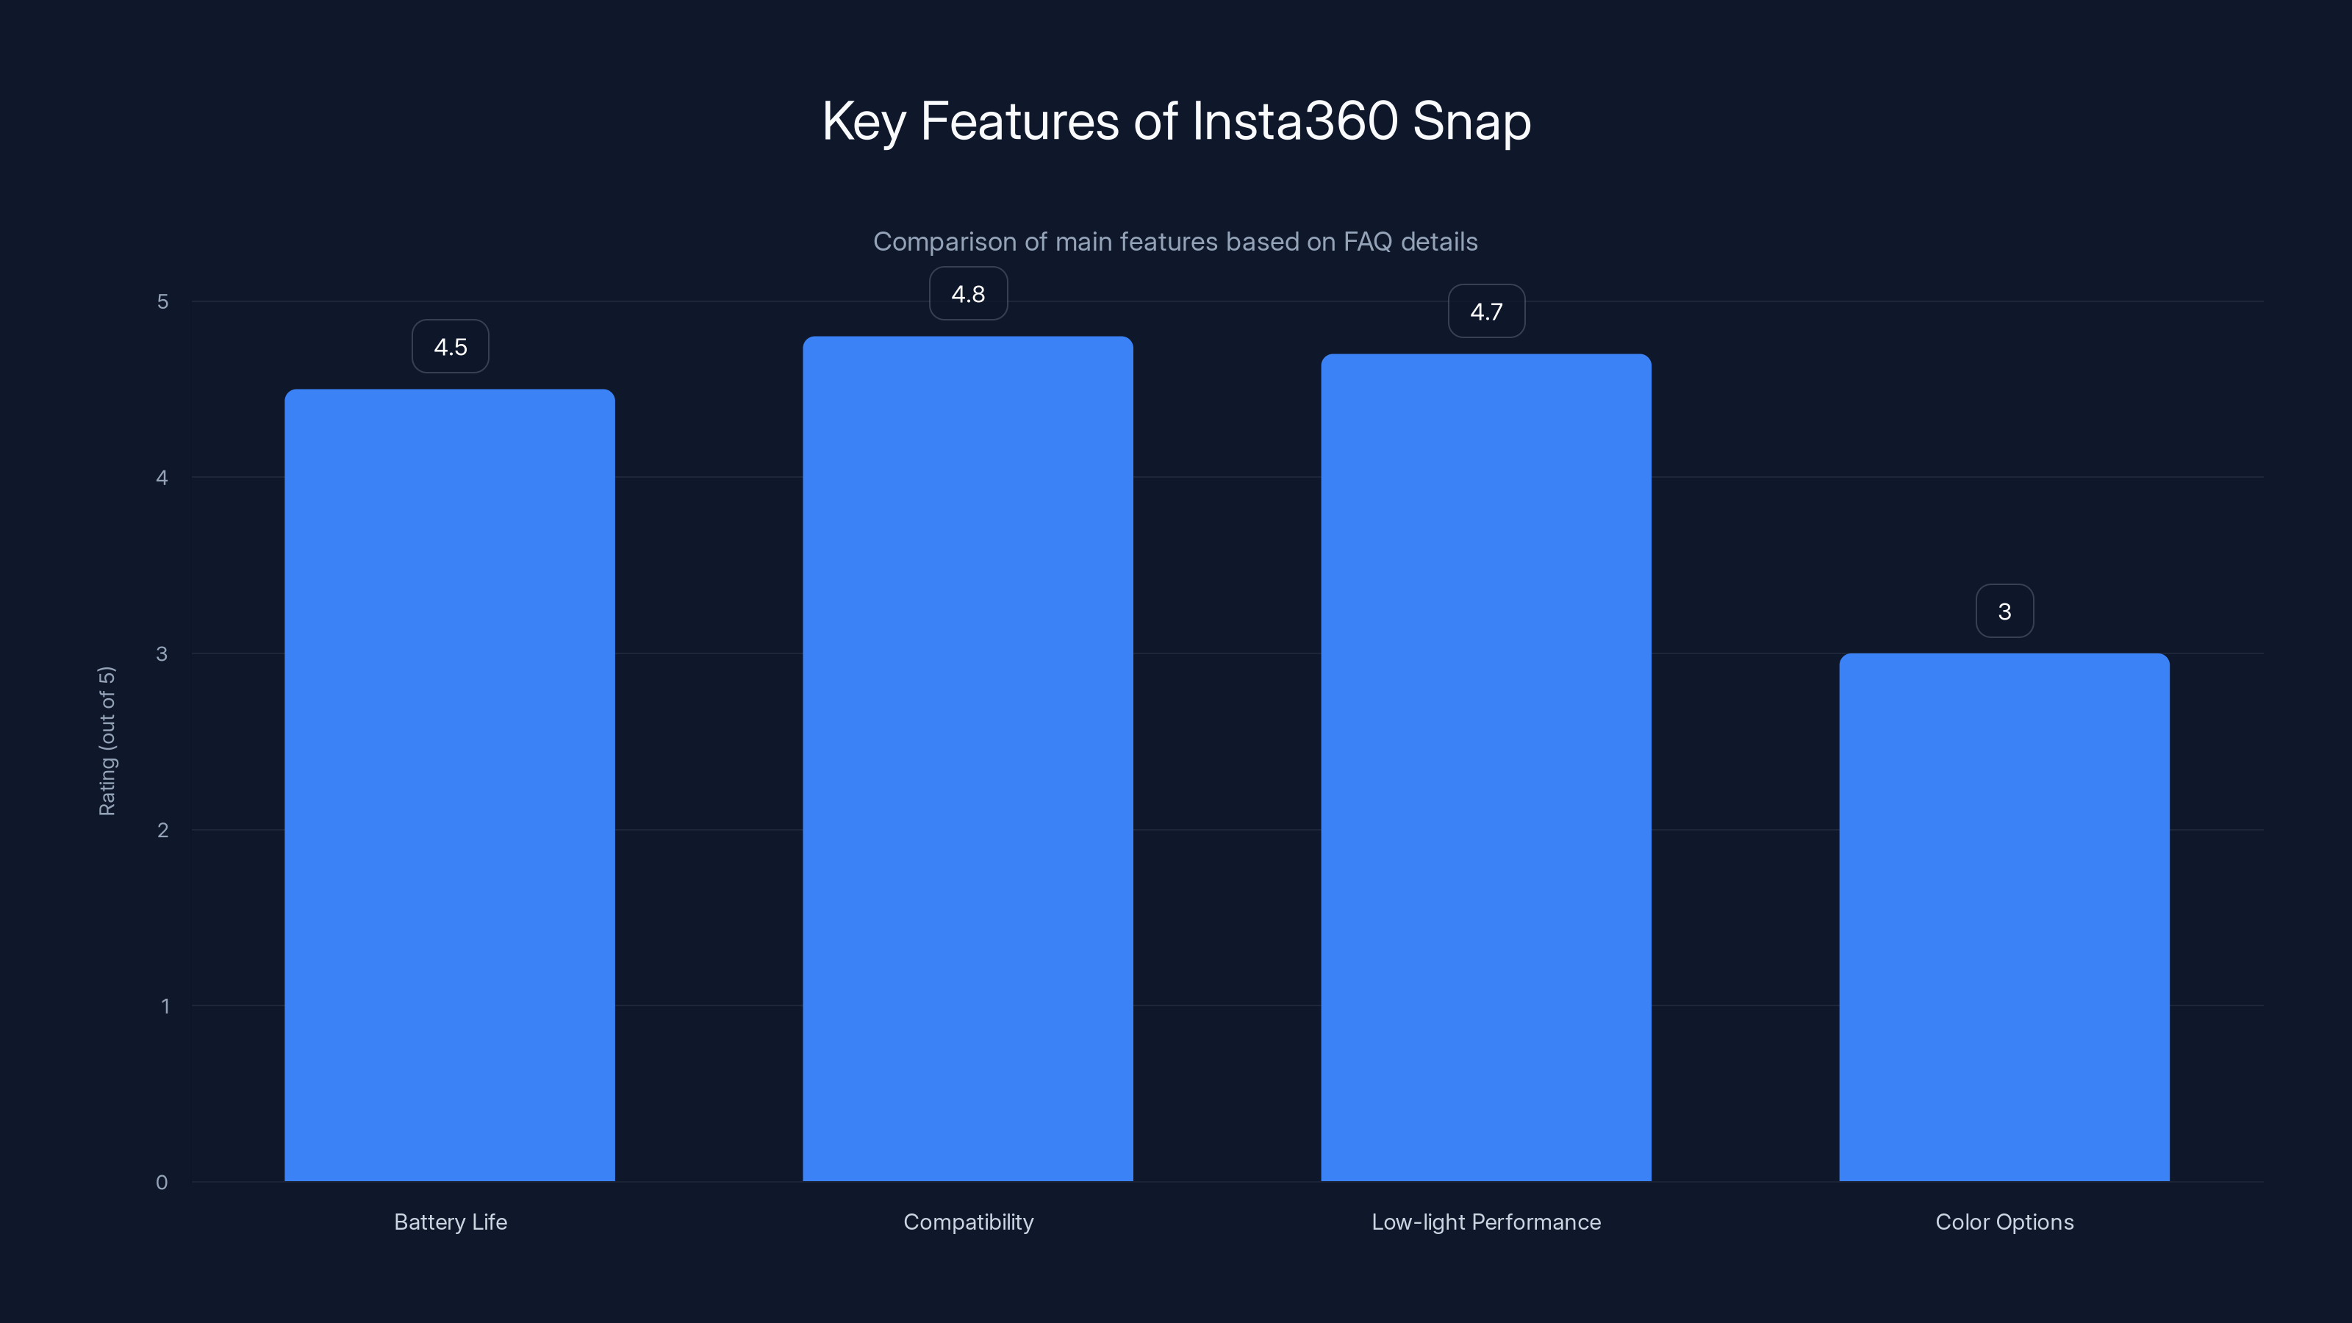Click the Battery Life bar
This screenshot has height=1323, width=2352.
click(x=449, y=785)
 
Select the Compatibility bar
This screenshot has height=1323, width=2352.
click(x=968, y=758)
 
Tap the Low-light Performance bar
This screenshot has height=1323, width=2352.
click(x=1485, y=767)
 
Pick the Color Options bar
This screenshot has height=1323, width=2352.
click(x=2004, y=917)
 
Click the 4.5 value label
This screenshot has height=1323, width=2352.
click(x=450, y=347)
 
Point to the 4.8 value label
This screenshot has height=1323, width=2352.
click(x=968, y=294)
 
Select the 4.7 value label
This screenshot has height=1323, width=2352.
click(x=1486, y=312)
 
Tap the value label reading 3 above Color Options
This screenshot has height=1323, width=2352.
click(x=2004, y=612)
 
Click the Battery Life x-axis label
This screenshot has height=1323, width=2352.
click(x=450, y=1222)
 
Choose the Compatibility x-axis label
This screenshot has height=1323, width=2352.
click(x=968, y=1222)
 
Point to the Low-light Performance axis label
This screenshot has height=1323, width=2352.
click(x=1485, y=1222)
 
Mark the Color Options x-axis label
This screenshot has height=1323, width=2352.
click(x=2004, y=1222)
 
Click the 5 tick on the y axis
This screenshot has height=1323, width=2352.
click(x=162, y=302)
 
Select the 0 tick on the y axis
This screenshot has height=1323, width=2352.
click(x=162, y=1183)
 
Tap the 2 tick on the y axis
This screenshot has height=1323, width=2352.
click(x=162, y=830)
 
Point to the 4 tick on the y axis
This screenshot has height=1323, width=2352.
click(x=162, y=478)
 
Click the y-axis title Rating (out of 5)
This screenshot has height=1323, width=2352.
click(x=107, y=740)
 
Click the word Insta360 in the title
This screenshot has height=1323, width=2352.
click(x=1294, y=121)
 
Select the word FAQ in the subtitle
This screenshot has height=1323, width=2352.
click(x=1368, y=242)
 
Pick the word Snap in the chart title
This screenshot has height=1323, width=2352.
click(x=1471, y=121)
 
